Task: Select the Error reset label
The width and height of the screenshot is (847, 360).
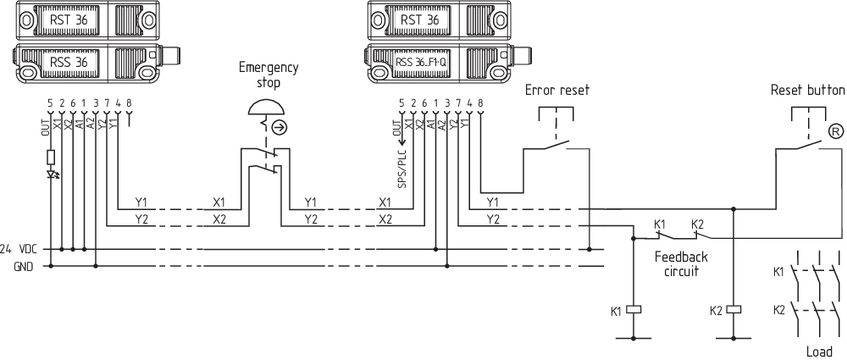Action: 556,90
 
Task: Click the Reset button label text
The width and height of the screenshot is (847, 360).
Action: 807,90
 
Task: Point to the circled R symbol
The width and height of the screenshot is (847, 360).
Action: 835,130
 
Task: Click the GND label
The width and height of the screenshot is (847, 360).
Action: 24,266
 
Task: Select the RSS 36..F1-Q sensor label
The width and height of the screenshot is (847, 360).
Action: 426,62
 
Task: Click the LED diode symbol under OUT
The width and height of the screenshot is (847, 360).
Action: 51,175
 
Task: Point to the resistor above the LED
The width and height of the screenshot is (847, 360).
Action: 51,157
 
